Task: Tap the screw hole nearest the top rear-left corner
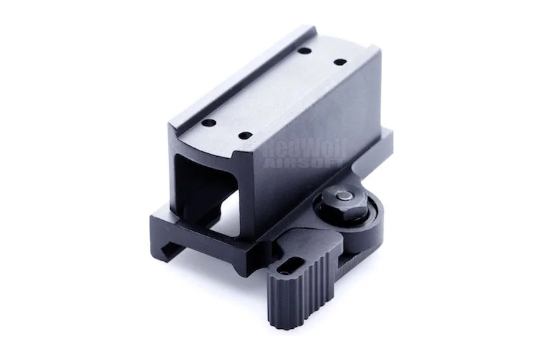tap(305, 51)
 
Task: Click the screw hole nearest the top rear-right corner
tap(340, 62)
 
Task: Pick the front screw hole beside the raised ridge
tap(209, 122)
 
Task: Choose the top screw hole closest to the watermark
tap(244, 136)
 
